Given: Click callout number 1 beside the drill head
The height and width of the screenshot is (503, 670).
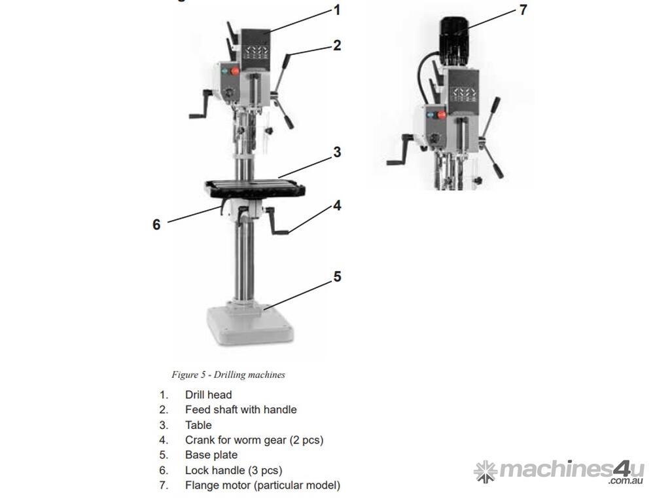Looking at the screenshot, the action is click(337, 10).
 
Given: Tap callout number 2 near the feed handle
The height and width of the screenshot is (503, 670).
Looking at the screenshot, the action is click(337, 45).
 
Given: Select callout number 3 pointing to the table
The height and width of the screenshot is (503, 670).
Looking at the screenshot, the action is click(337, 152).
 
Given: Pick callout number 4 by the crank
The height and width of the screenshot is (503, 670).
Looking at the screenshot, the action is click(337, 206).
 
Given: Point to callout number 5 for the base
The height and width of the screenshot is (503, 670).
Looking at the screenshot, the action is click(337, 277).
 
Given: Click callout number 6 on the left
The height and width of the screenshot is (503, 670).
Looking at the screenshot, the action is click(157, 225).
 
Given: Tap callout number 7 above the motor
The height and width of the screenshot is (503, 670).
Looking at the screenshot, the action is click(523, 10).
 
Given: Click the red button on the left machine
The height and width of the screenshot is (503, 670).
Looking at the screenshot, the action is click(235, 71).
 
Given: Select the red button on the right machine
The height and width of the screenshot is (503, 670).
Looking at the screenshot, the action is click(442, 115).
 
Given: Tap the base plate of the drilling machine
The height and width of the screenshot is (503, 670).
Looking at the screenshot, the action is click(250, 324).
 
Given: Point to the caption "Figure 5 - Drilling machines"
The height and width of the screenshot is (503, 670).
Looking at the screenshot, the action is click(228, 375).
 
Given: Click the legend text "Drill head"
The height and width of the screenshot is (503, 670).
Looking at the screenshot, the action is click(209, 395).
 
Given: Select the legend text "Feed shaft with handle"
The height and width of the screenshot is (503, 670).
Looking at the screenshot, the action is click(241, 410).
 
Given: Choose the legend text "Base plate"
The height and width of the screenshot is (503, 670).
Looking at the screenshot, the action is click(211, 455).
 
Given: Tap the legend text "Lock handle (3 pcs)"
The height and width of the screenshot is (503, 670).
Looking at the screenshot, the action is click(234, 470).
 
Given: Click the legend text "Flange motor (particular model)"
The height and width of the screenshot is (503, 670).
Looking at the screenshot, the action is click(263, 485).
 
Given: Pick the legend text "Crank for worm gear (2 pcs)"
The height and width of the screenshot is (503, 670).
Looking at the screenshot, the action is click(255, 440).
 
